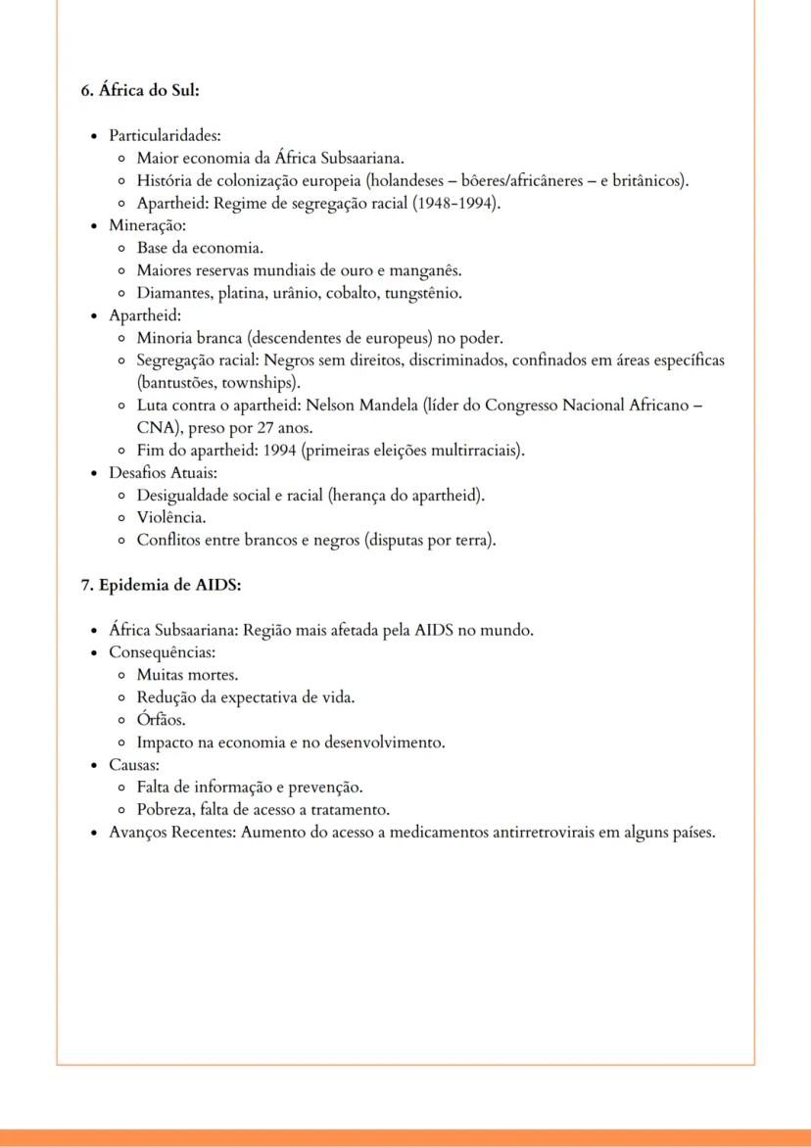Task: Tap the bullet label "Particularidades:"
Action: [x=157, y=135]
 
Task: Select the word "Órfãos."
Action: [x=161, y=720]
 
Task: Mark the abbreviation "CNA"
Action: [x=156, y=428]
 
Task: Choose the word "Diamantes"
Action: [x=172, y=293]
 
